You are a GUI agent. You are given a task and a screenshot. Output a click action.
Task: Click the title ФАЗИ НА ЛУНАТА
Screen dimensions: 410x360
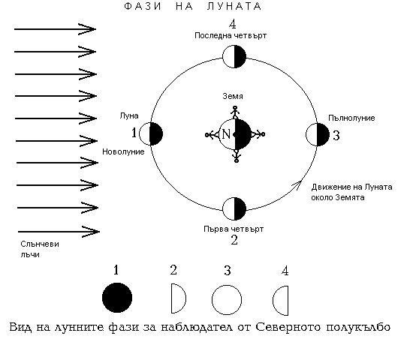click(x=193, y=6)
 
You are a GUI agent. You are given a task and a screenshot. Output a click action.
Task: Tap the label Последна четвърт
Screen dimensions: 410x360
click(x=231, y=35)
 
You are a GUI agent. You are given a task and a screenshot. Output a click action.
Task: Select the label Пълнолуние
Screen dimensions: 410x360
click(x=351, y=118)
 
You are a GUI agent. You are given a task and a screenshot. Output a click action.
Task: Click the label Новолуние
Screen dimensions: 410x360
click(x=123, y=151)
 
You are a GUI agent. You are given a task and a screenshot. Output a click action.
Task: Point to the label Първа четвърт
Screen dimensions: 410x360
click(x=234, y=229)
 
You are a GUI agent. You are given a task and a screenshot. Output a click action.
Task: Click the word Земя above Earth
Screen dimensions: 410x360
click(x=233, y=96)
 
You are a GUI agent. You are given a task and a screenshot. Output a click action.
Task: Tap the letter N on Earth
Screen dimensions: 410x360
click(x=226, y=134)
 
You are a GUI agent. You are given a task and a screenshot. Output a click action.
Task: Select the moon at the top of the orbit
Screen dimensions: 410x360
click(x=234, y=56)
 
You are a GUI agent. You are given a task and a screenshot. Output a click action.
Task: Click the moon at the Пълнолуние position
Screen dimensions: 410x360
click(x=318, y=134)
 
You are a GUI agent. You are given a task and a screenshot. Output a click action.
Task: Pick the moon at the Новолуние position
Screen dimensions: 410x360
click(x=151, y=133)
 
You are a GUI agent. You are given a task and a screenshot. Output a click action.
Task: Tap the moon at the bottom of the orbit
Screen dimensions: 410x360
click(x=234, y=209)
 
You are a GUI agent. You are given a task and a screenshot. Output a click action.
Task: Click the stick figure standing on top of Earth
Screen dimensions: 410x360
click(x=235, y=112)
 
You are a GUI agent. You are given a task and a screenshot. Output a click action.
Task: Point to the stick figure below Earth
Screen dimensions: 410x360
click(x=237, y=156)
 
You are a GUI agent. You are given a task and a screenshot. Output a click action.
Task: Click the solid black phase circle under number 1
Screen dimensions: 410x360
click(x=117, y=298)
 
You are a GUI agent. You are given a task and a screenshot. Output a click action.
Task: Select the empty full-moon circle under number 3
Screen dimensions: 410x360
click(x=227, y=300)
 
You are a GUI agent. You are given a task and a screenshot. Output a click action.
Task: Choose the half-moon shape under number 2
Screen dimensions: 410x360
click(x=178, y=298)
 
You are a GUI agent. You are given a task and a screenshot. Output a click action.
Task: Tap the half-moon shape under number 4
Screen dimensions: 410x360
click(x=281, y=301)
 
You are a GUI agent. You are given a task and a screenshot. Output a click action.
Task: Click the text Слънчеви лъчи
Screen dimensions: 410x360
click(x=40, y=249)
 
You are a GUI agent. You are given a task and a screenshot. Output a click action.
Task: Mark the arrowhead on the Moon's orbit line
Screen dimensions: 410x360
click(x=297, y=184)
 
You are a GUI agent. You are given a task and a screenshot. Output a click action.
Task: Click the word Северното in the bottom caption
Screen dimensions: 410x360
click(x=288, y=327)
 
